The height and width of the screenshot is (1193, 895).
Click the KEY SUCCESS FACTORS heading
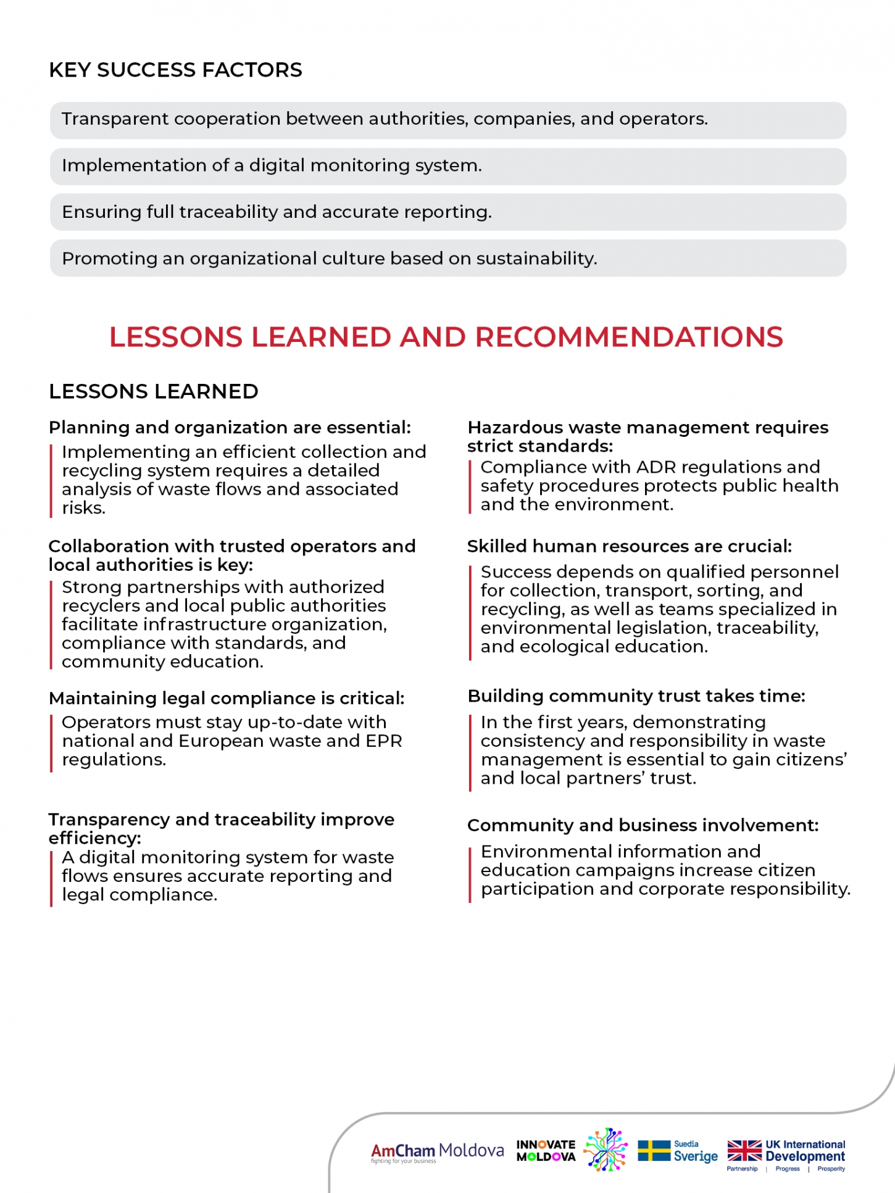(175, 70)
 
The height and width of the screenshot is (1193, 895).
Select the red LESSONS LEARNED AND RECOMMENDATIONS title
(446, 337)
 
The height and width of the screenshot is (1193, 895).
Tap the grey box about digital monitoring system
(447, 166)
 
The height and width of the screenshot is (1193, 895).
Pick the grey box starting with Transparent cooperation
(447, 119)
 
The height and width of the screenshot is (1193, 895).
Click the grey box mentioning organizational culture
(447, 259)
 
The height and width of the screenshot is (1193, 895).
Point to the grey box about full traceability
(447, 212)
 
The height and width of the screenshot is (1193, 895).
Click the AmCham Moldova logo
(437, 1152)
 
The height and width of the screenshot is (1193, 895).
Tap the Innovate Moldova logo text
(546, 1151)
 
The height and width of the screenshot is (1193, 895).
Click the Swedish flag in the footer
(654, 1151)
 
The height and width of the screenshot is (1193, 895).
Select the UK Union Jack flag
(744, 1151)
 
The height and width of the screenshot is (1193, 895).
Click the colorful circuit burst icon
(606, 1150)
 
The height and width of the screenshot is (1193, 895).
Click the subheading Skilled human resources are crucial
(629, 546)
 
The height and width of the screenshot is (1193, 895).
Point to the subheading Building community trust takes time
(636, 696)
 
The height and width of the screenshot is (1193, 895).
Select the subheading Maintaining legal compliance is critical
(227, 699)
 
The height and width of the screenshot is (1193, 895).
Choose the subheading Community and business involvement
(643, 826)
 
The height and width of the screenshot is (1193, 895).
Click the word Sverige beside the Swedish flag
(696, 1157)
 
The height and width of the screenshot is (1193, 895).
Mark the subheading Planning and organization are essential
(230, 428)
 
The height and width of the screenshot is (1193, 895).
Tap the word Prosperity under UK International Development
(831, 1169)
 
